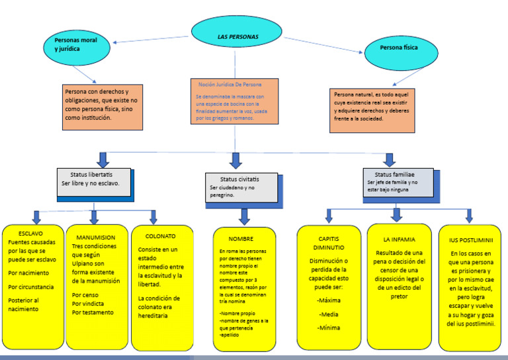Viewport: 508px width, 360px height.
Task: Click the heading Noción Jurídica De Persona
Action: click(230, 85)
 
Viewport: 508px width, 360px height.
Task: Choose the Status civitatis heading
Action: click(239, 179)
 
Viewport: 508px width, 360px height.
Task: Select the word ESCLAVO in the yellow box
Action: click(30, 234)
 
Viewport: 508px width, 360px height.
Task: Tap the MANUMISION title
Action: click(95, 237)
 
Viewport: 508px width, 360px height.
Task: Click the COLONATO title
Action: click(160, 236)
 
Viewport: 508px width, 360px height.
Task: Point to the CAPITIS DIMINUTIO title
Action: click(329, 243)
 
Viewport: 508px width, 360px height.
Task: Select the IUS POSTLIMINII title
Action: click(471, 240)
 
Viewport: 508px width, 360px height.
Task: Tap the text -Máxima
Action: click(328, 300)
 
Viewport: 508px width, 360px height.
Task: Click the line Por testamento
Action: click(93, 312)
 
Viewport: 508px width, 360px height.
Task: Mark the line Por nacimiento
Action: click(28, 273)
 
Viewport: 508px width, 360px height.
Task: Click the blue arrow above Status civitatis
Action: click(235, 160)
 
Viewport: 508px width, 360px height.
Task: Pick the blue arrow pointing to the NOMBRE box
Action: click(244, 216)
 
